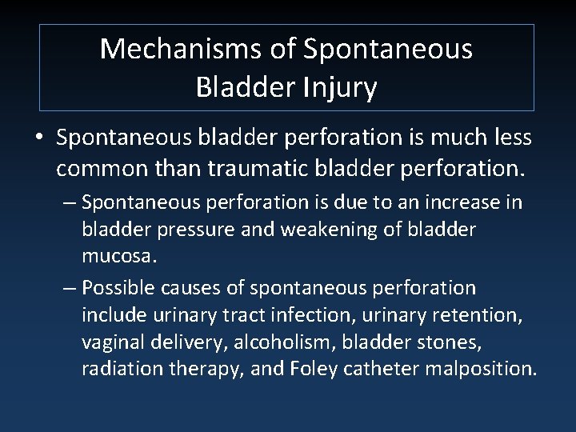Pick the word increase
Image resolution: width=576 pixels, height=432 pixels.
pos(467,202)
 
